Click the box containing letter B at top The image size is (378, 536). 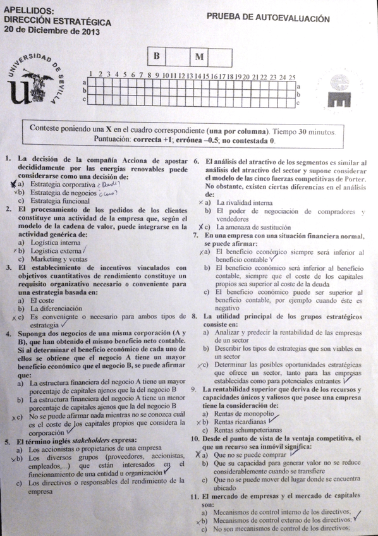click(156, 56)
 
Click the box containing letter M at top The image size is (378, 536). click(198, 57)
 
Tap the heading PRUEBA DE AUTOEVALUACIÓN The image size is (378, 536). click(268, 19)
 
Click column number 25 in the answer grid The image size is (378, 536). click(292, 77)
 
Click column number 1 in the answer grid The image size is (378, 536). click(92, 75)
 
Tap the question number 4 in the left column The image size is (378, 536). click(7, 333)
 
